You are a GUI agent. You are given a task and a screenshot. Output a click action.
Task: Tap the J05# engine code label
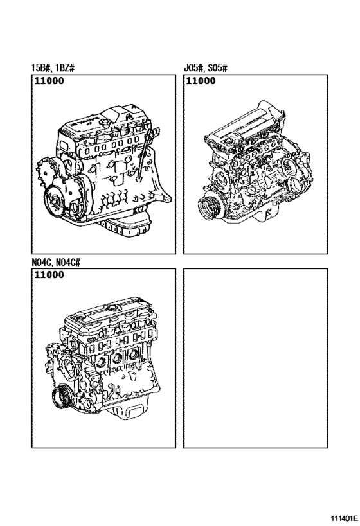[x=194, y=68]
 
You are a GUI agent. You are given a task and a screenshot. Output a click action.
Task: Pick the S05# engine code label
[x=218, y=68]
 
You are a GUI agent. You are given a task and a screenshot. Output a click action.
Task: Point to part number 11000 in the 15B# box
[x=49, y=81]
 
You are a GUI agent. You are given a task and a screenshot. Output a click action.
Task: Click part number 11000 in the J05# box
[x=201, y=81]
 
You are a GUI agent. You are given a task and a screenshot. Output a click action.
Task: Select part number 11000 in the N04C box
[x=49, y=275]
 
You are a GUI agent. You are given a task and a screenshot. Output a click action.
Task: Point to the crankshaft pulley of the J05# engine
[x=206, y=209]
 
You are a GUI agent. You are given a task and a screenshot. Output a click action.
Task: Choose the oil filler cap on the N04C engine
[x=110, y=308]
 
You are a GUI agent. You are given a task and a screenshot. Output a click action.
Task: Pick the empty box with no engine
[x=256, y=358]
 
